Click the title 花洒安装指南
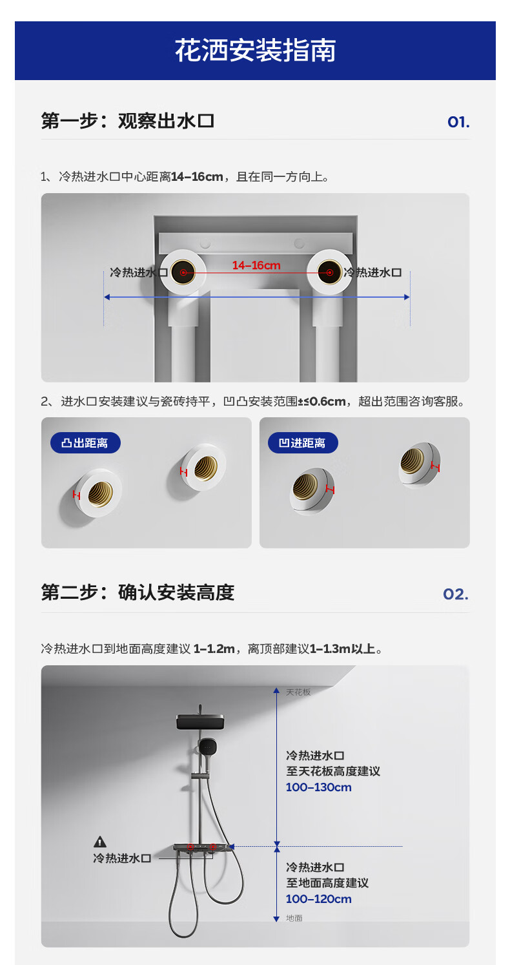point(255,50)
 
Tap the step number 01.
point(458,122)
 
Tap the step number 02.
point(456,594)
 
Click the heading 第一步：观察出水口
point(128,121)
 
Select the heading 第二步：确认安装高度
point(138,592)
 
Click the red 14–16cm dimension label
point(256,265)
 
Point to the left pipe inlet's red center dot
point(183,273)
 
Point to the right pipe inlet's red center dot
point(329,273)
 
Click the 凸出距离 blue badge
point(85,442)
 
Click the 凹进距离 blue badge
point(303,442)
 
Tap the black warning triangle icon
point(100,842)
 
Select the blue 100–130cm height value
point(319,787)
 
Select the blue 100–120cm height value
point(319,898)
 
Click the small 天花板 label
point(298,692)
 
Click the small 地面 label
point(294,918)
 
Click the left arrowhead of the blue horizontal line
point(107,297)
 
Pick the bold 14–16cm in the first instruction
point(198,176)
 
